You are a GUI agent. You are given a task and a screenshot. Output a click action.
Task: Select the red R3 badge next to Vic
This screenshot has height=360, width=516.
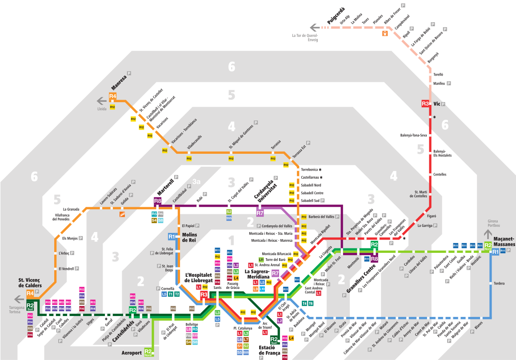click(x=425, y=104)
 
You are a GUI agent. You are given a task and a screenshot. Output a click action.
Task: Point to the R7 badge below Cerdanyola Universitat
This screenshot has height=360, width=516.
click(x=260, y=213)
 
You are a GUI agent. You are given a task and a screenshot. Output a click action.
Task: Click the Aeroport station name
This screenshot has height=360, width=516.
click(x=132, y=353)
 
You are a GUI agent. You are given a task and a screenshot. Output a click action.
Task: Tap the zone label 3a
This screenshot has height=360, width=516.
click(x=197, y=182)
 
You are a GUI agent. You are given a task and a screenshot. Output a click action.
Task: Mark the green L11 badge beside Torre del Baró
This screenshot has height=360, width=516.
click(x=261, y=260)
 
